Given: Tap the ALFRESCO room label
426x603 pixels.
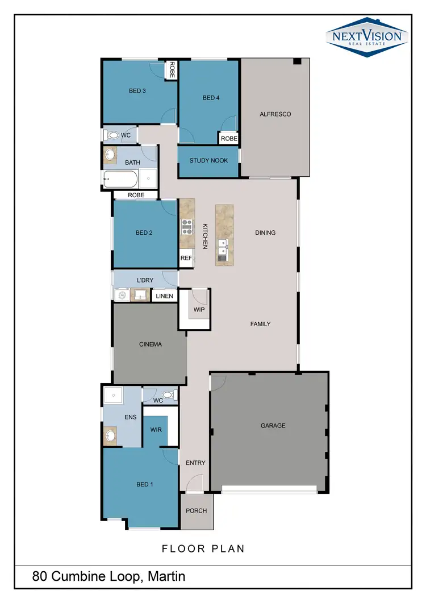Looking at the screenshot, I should (275, 114).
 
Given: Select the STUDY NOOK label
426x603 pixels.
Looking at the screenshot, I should (208, 161).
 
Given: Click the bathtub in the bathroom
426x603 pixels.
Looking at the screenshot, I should (120, 180).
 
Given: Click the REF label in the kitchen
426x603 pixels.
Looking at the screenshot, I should (186, 258).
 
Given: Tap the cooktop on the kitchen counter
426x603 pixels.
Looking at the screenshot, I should (187, 227).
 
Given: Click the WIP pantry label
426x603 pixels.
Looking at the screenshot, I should (199, 310).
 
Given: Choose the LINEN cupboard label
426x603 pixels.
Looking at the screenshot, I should (164, 296).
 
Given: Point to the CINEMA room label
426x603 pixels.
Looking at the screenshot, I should (151, 344).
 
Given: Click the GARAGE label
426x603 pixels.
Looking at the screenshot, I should (273, 426).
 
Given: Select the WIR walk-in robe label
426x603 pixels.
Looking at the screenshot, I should (156, 430).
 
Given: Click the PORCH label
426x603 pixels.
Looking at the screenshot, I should (197, 510).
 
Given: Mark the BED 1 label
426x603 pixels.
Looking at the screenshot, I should (145, 484).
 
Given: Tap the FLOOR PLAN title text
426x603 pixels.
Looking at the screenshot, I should (203, 548).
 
